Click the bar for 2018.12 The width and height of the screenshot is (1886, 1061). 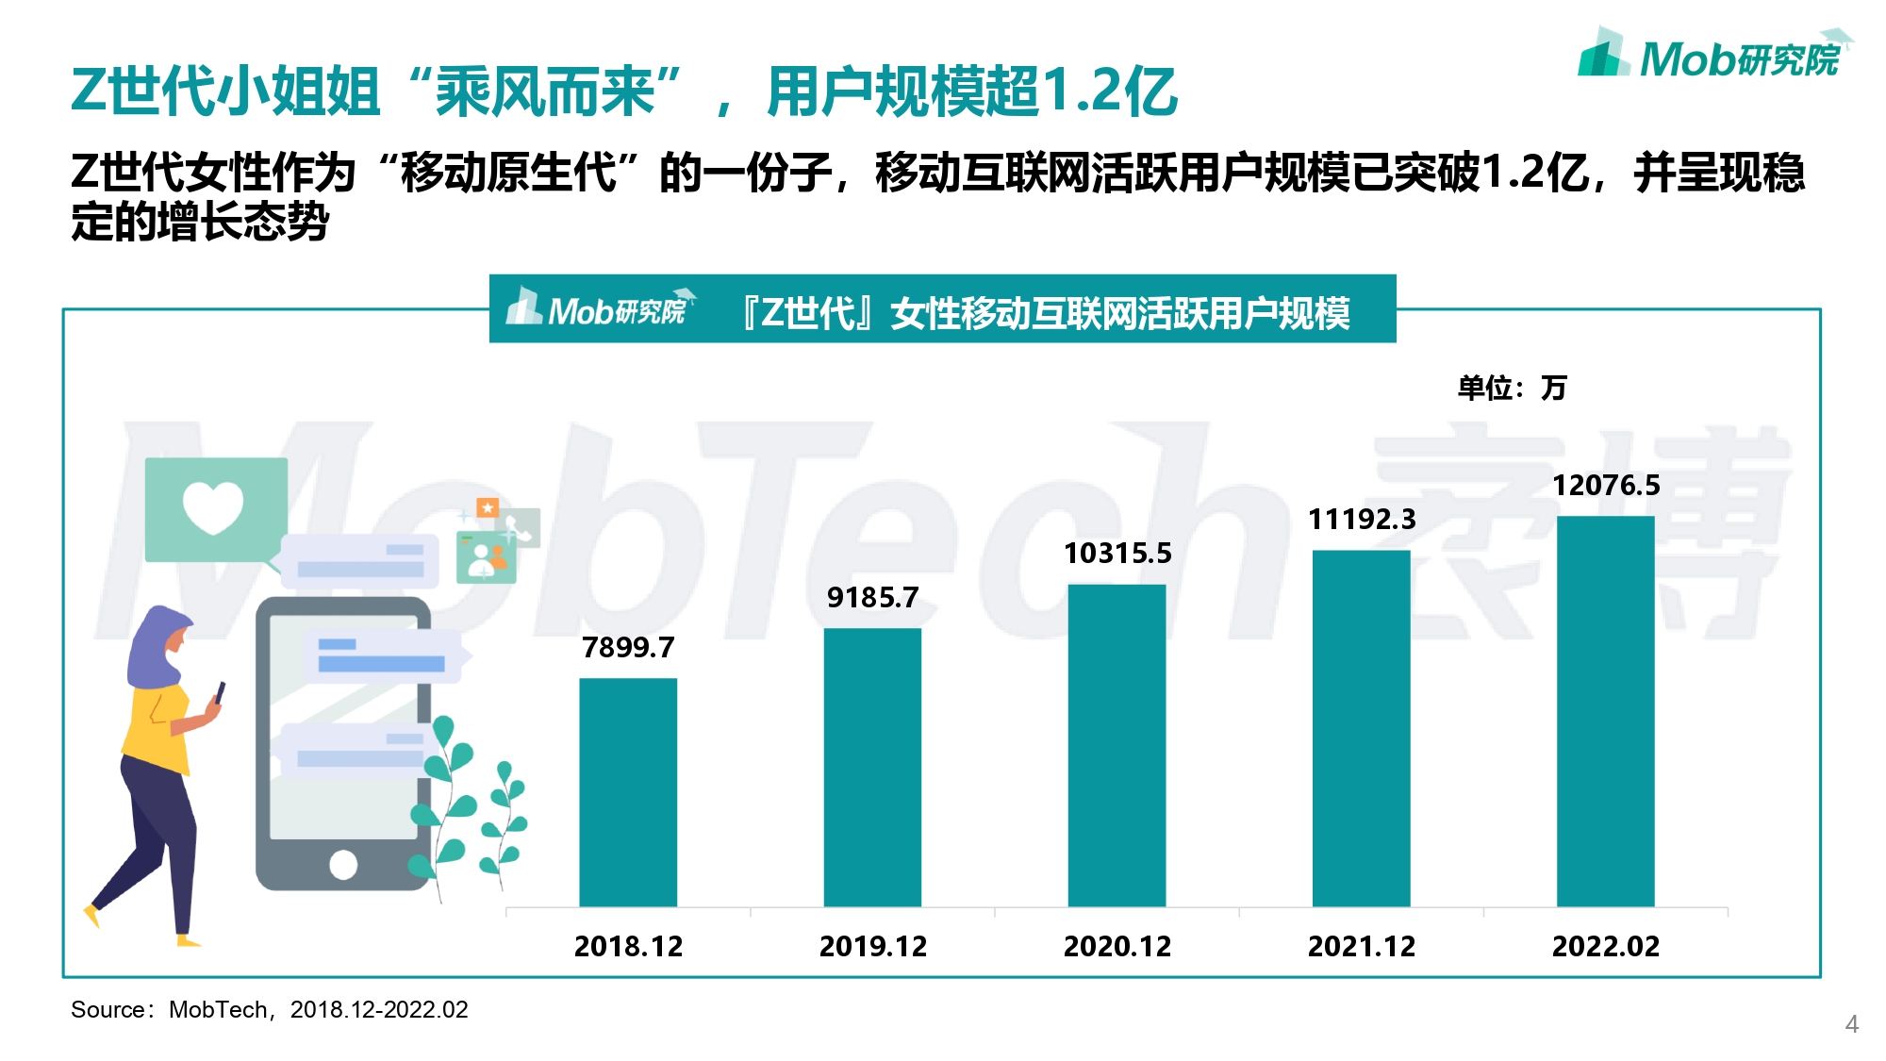coord(628,792)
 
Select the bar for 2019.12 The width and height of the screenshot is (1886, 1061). coord(872,768)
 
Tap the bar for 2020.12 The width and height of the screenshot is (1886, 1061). coord(1117,745)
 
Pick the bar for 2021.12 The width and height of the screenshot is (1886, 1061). coord(1361,728)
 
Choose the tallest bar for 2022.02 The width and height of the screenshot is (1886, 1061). coord(1605,711)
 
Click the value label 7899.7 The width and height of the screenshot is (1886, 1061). coord(628,648)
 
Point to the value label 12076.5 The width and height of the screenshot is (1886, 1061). coord(1606,486)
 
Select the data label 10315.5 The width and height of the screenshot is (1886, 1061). coord(1117,554)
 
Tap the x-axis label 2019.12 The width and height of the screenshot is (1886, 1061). coord(873,946)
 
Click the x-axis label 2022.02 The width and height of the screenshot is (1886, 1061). coord(1606,946)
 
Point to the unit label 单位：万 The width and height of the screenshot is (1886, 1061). coord(1512,388)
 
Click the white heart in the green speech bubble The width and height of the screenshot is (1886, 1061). coord(213,506)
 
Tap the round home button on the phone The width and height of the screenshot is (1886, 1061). coord(343,864)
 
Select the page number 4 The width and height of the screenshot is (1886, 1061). coord(1851,1024)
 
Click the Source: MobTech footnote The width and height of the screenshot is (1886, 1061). coord(270,1010)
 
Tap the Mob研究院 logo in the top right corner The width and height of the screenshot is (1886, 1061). coord(1712,57)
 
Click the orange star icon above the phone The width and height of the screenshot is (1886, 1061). coord(488,508)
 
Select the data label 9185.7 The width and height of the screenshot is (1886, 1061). coord(872,598)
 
